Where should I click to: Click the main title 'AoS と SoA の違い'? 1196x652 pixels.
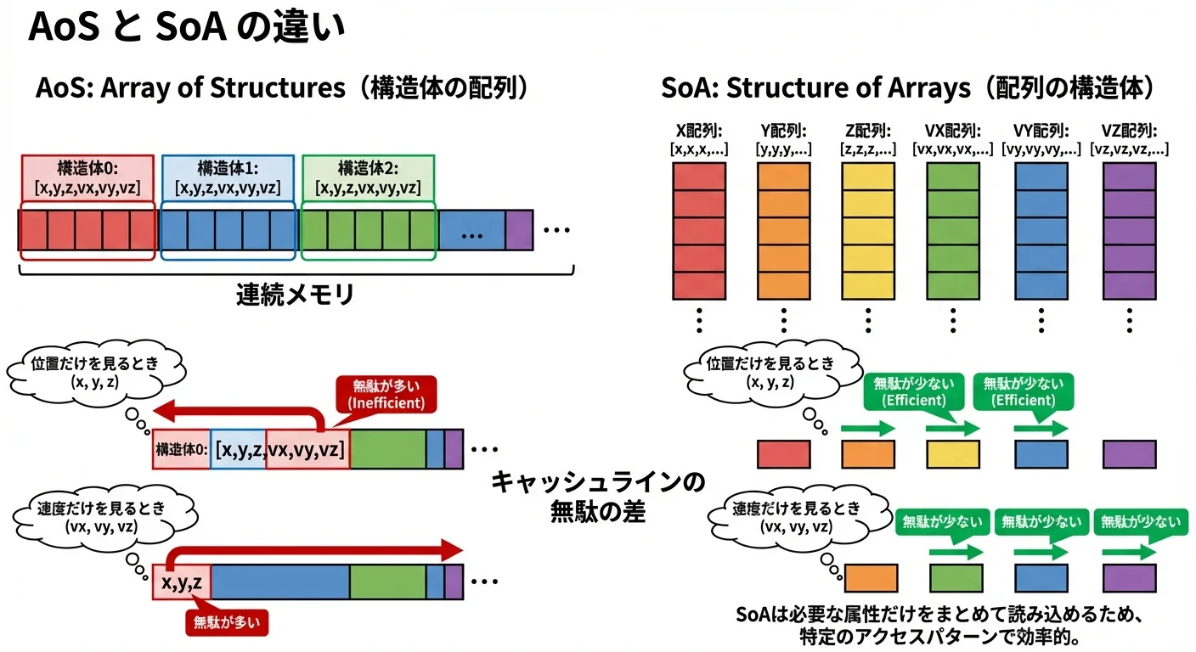[187, 27]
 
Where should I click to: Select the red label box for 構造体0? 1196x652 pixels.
[87, 177]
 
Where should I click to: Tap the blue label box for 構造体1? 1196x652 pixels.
[228, 177]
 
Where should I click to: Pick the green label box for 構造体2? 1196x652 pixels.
[368, 177]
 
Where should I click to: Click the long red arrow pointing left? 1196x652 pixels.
[229, 413]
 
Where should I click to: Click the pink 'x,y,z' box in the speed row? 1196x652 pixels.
[181, 582]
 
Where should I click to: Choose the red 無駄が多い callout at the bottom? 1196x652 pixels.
[227, 622]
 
